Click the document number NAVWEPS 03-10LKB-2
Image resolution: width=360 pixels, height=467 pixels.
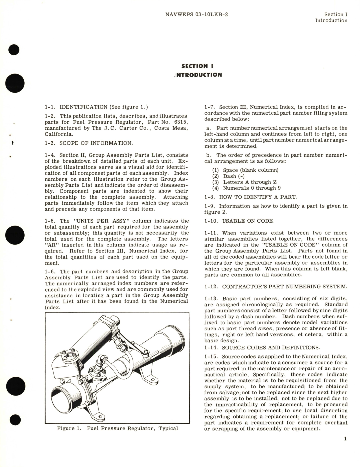196,14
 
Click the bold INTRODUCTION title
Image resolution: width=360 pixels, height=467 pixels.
199,75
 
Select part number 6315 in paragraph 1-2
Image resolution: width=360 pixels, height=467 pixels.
181,122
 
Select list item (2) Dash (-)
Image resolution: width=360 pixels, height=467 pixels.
229,176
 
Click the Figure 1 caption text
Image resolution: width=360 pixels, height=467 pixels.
117,428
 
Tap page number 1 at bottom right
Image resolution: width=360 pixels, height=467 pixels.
345,439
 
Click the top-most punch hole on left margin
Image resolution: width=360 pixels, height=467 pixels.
14,50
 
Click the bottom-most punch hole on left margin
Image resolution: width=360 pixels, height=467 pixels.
14,420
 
